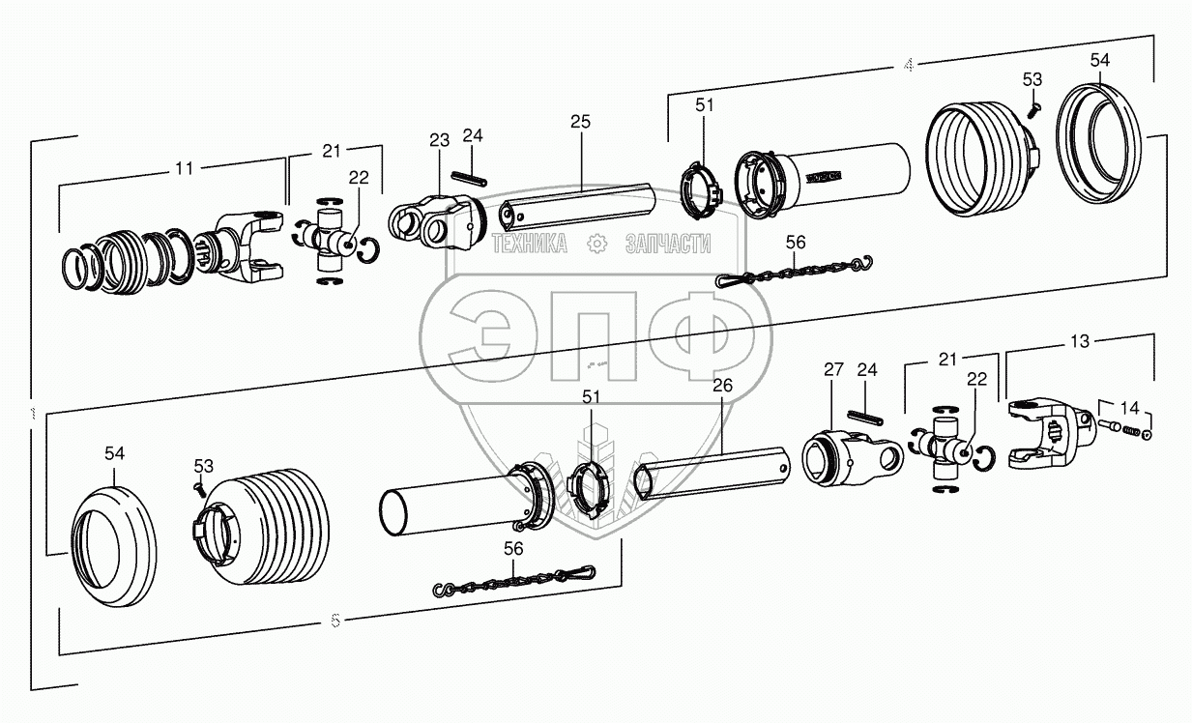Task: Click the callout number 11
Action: coord(184,167)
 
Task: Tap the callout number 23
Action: coord(440,140)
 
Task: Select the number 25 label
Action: coord(580,122)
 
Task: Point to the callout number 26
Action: coord(722,386)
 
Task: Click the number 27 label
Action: coord(833,369)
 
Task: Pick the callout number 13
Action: coord(1080,341)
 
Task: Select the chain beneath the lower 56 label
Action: coord(512,582)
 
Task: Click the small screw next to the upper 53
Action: coord(1032,109)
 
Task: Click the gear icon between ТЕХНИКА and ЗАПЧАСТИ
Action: coord(596,245)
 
